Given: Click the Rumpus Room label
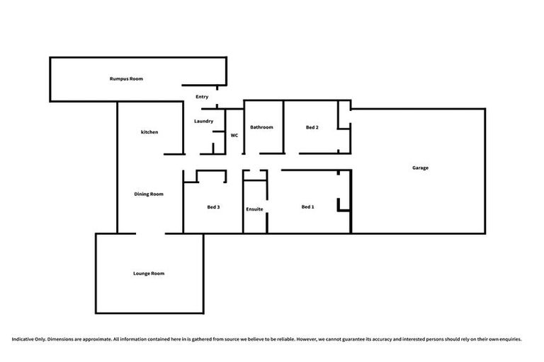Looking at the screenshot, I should pyautogui.click(x=126, y=78).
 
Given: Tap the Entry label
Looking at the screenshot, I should pyautogui.click(x=202, y=97).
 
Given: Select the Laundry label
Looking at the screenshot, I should pyautogui.click(x=204, y=122).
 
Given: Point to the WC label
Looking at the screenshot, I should pyautogui.click(x=234, y=134).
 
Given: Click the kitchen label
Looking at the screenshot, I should pyautogui.click(x=149, y=132).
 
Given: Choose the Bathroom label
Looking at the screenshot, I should pyautogui.click(x=261, y=127).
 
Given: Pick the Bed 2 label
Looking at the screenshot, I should pyautogui.click(x=312, y=127).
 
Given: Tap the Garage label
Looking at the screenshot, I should pyautogui.click(x=420, y=168).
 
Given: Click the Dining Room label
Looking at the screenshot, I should pyautogui.click(x=149, y=194).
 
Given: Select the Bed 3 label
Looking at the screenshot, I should pyautogui.click(x=213, y=207).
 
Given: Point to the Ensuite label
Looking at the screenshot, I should pyautogui.click(x=255, y=209).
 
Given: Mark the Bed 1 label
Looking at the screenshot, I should pyautogui.click(x=307, y=206).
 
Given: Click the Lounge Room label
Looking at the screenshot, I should pyautogui.click(x=149, y=273).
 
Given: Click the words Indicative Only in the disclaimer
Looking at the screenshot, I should pyautogui.click(x=28, y=339).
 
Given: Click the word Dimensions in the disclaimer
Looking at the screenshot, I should pyautogui.click(x=63, y=339).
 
